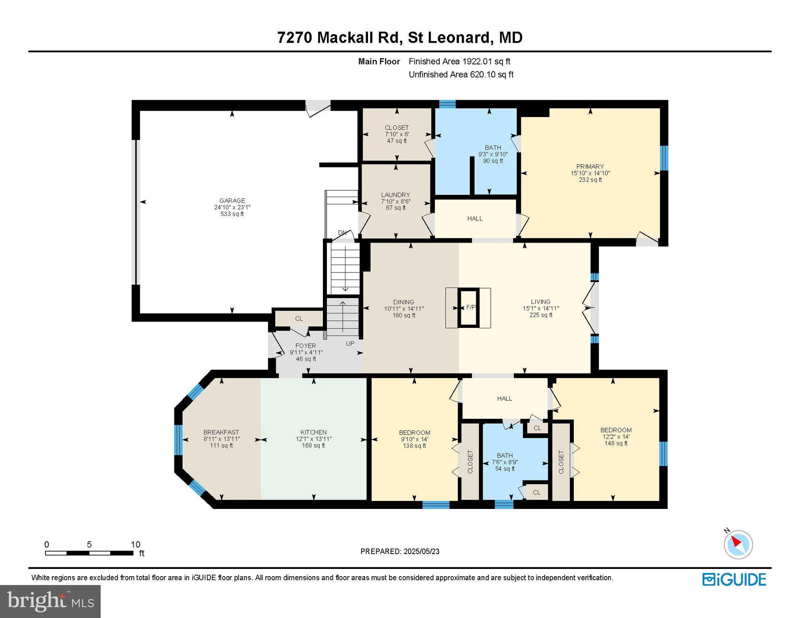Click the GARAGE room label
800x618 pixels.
(x=232, y=200)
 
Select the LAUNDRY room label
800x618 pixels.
(x=395, y=195)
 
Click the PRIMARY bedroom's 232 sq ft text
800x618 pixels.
(x=590, y=180)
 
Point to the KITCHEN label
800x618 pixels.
(x=313, y=432)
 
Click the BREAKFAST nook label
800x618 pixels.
(x=221, y=432)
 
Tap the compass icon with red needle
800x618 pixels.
(x=738, y=544)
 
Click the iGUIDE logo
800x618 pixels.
(x=734, y=579)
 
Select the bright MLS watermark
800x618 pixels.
(x=50, y=601)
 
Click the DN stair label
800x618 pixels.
(x=342, y=233)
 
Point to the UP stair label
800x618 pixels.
(x=350, y=344)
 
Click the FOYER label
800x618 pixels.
(x=305, y=346)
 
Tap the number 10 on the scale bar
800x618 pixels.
(x=136, y=544)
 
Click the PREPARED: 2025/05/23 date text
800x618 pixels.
(x=399, y=551)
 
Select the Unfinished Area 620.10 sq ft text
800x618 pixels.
(x=461, y=74)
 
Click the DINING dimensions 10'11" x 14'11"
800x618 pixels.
(x=403, y=309)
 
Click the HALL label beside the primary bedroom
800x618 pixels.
(x=475, y=218)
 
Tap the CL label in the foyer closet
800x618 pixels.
(x=298, y=318)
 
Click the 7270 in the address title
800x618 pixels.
(x=294, y=37)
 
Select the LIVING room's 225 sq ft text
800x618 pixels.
(x=540, y=315)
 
